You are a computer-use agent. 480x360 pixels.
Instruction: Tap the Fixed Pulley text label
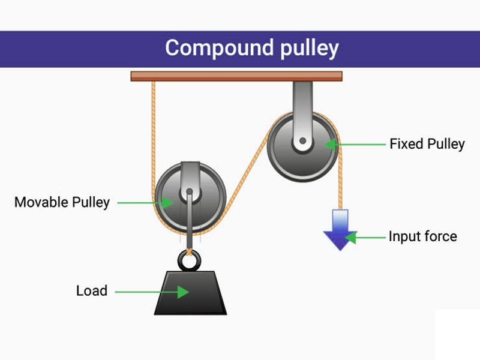427,144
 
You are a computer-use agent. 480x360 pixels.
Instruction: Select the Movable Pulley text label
62,202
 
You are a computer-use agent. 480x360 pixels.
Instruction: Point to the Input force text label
422,236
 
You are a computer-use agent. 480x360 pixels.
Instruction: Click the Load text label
91,291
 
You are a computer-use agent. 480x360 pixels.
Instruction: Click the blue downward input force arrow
339,230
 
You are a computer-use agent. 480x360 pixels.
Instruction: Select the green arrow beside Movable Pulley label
144,202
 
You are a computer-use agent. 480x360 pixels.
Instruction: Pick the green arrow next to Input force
366,238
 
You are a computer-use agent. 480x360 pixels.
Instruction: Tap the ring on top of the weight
190,260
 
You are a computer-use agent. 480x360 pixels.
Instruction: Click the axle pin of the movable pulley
190,193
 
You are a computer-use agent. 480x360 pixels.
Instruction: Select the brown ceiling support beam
236,76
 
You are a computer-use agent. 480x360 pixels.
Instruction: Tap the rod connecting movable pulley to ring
190,225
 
